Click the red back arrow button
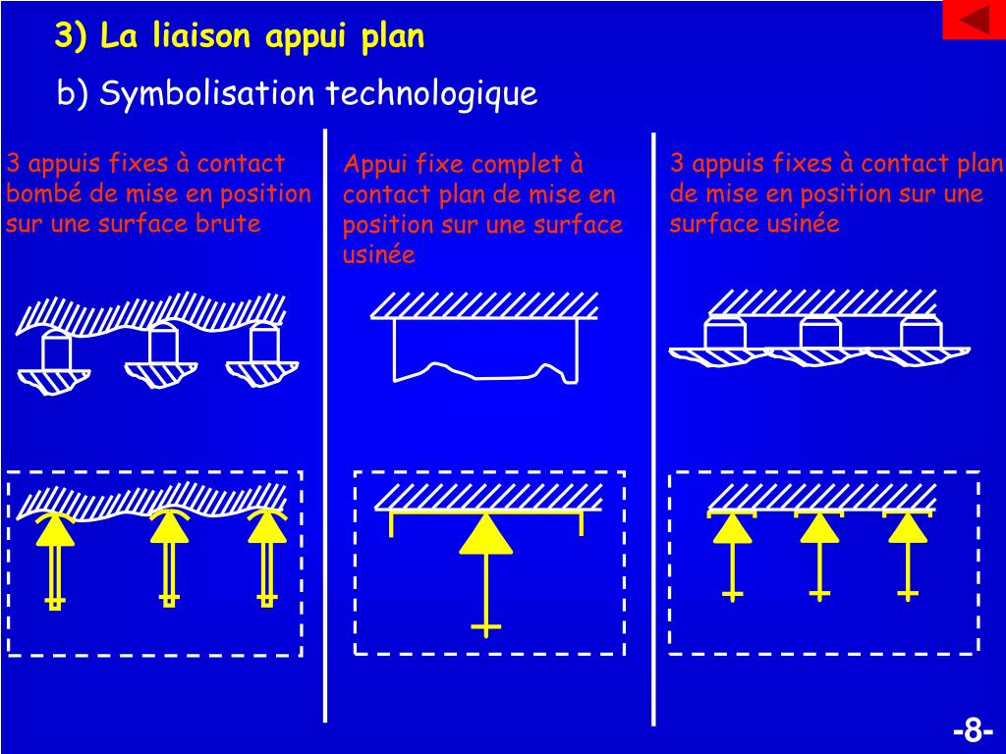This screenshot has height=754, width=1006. click(x=974, y=20)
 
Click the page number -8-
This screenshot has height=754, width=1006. click(x=973, y=731)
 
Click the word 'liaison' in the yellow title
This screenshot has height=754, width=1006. click(x=203, y=36)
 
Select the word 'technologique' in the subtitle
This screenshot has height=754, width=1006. click(x=431, y=94)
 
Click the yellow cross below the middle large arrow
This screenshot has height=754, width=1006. click(x=485, y=626)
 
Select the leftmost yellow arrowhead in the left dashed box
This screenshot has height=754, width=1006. click(x=56, y=531)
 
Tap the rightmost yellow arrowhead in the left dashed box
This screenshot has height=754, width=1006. click(x=266, y=528)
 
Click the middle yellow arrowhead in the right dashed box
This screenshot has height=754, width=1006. click(x=819, y=528)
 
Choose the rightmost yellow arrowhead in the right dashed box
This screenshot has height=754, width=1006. click(x=908, y=528)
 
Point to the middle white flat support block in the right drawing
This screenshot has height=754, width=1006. click(x=820, y=334)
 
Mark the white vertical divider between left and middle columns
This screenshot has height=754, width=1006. click(x=325, y=422)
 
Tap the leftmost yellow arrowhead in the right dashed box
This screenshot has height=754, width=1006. click(x=732, y=528)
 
